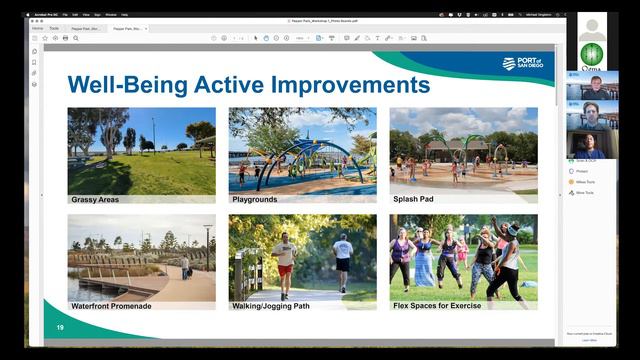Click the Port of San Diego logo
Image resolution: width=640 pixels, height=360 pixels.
pyautogui.click(x=523, y=64)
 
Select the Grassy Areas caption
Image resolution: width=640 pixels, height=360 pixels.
pyautogui.click(x=95, y=200)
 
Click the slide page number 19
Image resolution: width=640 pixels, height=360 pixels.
pyautogui.click(x=60, y=327)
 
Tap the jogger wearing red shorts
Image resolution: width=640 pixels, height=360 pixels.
pyautogui.click(x=286, y=262)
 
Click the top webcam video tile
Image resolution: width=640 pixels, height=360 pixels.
pyautogui.click(x=592, y=89)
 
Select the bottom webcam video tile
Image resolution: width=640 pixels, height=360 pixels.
pyautogui.click(x=592, y=144)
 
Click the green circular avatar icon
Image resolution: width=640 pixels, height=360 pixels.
pyautogui.click(x=592, y=54)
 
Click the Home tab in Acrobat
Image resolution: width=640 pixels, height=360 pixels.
pyautogui.click(x=38, y=29)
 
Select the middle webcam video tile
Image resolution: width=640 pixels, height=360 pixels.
pyautogui.click(x=592, y=116)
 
